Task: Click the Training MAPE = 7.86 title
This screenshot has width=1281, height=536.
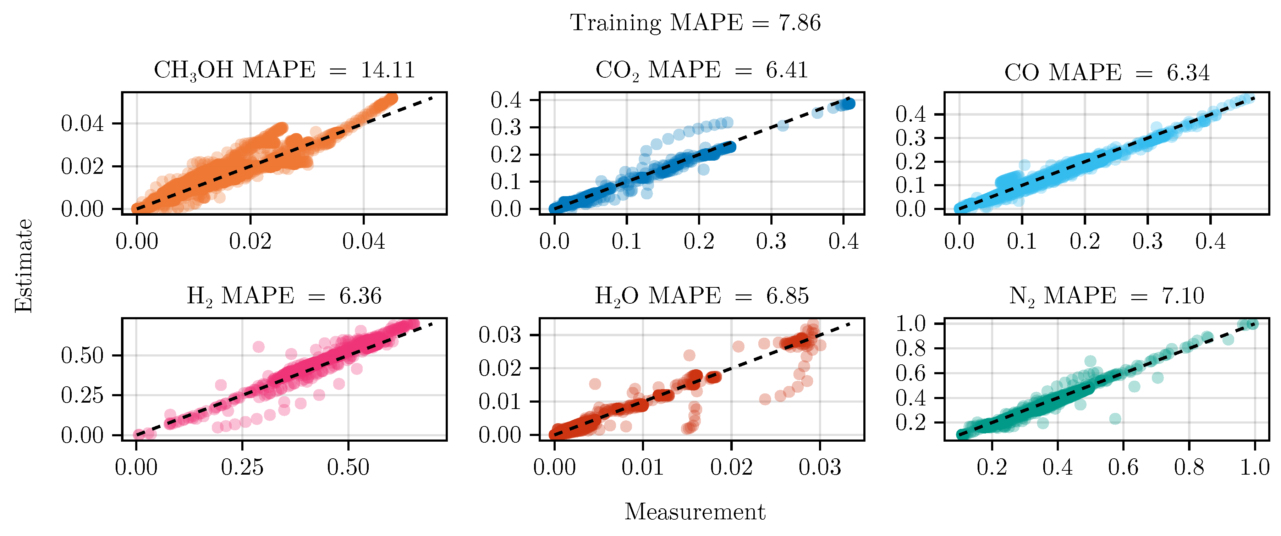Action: pyautogui.click(x=695, y=23)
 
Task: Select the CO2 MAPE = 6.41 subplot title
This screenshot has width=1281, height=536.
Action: pyautogui.click(x=701, y=70)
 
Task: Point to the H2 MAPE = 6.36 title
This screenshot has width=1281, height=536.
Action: pyautogui.click(x=284, y=296)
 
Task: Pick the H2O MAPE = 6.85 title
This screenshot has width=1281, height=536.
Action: pyautogui.click(x=701, y=296)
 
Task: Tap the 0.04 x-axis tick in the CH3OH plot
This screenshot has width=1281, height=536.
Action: pyautogui.click(x=363, y=242)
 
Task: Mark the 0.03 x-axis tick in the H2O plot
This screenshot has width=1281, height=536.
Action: pyautogui.click(x=820, y=468)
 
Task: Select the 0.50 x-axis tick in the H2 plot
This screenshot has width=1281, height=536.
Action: pyautogui.click(x=348, y=468)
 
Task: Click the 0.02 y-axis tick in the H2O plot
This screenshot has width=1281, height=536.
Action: pyautogui.click(x=500, y=369)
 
